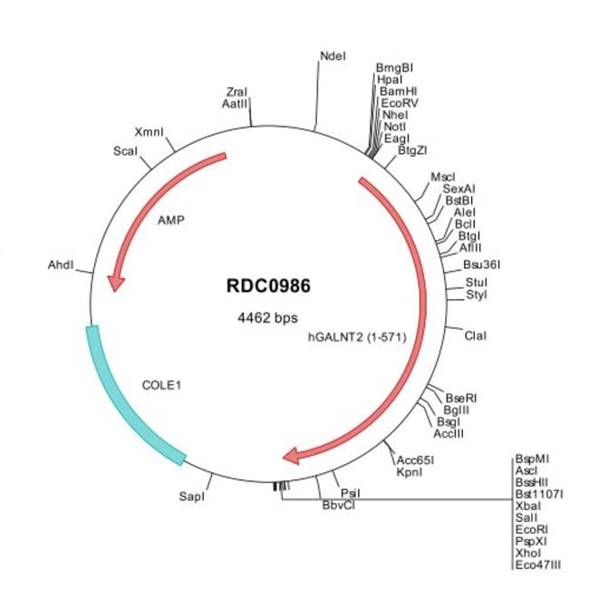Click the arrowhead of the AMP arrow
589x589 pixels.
(x=115, y=283)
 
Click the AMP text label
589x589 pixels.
(x=171, y=219)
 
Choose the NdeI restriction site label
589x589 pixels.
(x=333, y=55)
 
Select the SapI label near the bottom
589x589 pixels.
(x=192, y=497)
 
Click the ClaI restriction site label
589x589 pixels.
(x=475, y=336)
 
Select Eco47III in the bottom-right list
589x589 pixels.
(x=538, y=565)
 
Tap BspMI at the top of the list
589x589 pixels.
(x=532, y=459)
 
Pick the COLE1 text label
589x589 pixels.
(x=162, y=384)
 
